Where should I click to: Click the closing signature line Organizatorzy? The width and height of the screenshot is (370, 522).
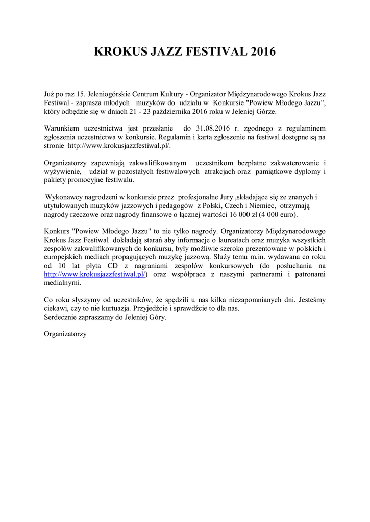point(65,334)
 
